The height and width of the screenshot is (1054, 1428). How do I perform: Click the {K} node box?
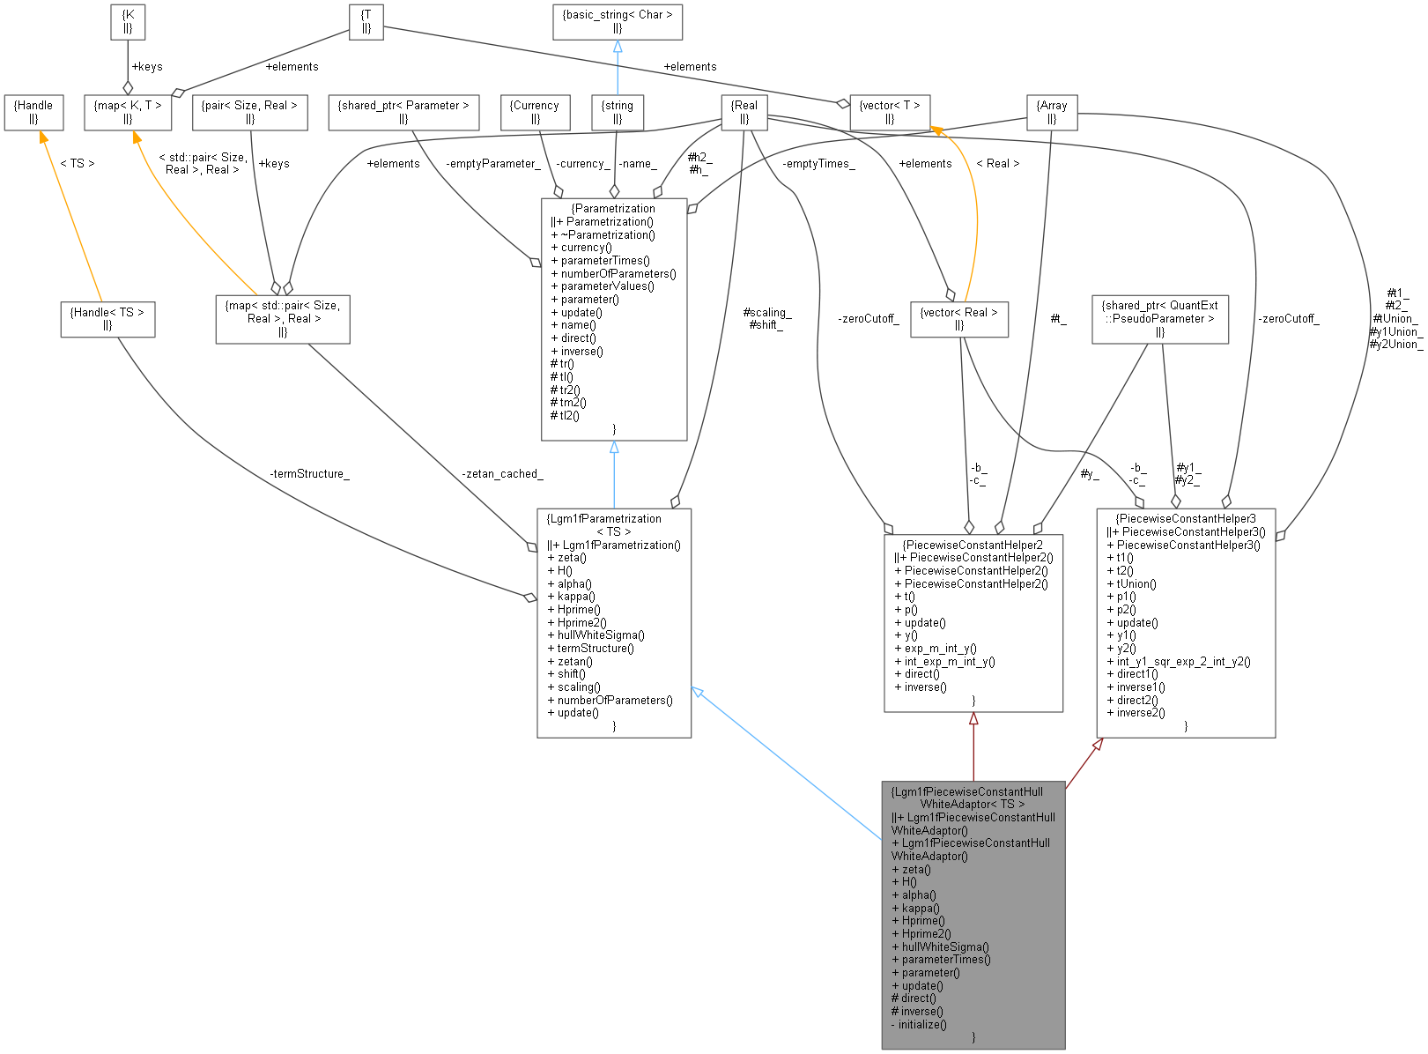pos(128,22)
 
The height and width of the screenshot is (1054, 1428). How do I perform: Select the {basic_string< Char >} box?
pos(617,22)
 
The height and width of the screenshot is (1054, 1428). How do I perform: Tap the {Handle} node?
pos(33,112)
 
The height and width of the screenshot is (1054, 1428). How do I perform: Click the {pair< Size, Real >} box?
pos(249,112)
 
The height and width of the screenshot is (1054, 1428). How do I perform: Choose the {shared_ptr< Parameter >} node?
pos(403,112)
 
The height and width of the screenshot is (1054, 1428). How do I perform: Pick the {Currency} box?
pos(535,112)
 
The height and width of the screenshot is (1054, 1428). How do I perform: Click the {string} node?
pos(617,112)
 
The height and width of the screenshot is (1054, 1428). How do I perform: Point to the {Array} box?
pos(1052,112)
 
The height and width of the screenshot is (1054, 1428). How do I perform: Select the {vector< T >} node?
pos(890,112)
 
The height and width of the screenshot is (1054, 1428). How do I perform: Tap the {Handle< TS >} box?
pos(107,319)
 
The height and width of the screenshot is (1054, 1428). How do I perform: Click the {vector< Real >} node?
pos(958,319)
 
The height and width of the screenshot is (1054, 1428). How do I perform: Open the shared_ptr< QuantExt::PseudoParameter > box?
pos(1159,319)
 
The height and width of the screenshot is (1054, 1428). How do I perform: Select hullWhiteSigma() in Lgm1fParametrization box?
pos(601,635)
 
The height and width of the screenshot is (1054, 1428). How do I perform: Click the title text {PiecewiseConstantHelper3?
pos(1186,519)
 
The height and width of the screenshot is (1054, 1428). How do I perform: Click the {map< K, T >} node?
pos(128,112)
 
